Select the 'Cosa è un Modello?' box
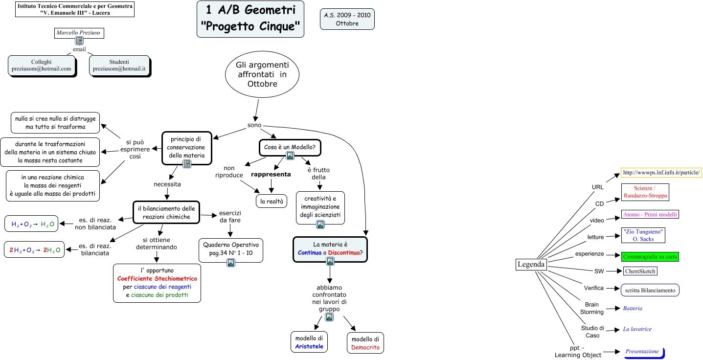point(290,147)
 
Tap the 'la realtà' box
point(272,201)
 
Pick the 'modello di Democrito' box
point(365,343)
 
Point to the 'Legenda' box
point(531,264)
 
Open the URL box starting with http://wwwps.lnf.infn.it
point(661,173)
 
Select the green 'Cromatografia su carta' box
point(651,256)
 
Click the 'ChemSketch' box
point(640,271)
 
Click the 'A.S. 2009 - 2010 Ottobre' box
point(347,19)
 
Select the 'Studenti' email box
point(119,66)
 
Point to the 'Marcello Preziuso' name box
point(79,33)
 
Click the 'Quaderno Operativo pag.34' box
point(231,250)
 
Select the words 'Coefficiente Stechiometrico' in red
point(157,278)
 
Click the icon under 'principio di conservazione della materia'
point(186,164)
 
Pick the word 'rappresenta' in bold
point(271,174)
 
